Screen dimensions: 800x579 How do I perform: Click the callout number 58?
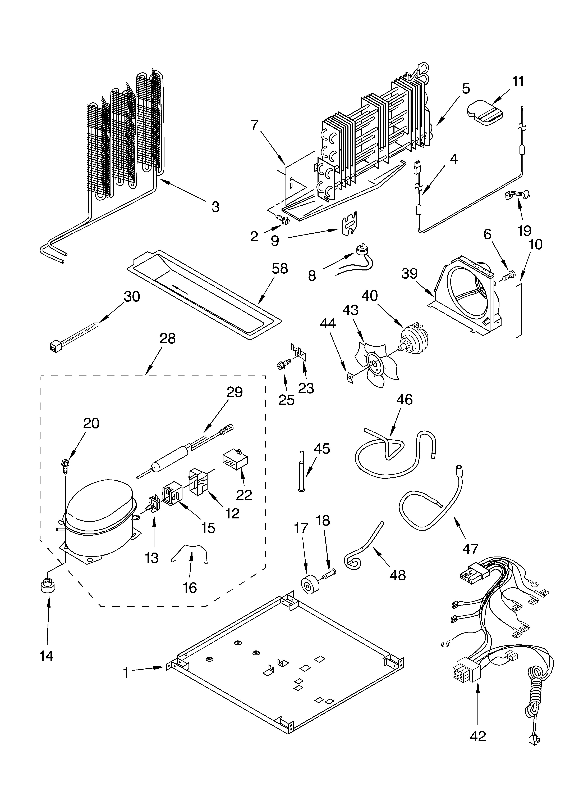[x=279, y=269]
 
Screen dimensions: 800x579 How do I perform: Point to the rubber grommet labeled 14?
[x=48, y=587]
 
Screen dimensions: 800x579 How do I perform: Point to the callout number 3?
[x=215, y=207]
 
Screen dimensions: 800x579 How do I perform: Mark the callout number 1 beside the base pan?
[x=126, y=673]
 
